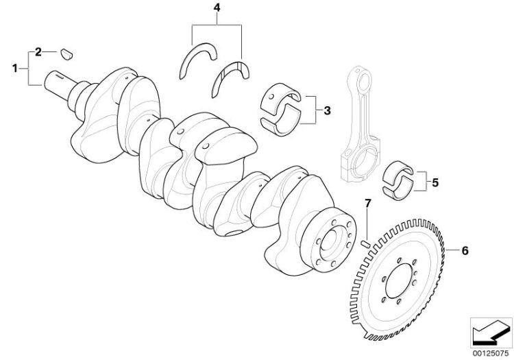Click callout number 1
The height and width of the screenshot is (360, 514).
point(14,69)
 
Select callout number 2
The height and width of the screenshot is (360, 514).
point(38,52)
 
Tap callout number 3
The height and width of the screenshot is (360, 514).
point(327,111)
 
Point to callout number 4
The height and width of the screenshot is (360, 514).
point(217,8)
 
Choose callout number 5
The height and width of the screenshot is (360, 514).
point(435,182)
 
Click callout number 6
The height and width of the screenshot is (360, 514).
point(465,251)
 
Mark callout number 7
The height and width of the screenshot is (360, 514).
point(367,204)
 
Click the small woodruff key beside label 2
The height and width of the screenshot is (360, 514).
point(66,54)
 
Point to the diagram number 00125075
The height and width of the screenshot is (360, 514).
point(491,353)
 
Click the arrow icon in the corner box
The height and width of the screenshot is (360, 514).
point(491,332)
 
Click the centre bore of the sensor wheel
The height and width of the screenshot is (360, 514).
point(399,281)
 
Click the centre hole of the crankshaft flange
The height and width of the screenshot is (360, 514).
point(329,243)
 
